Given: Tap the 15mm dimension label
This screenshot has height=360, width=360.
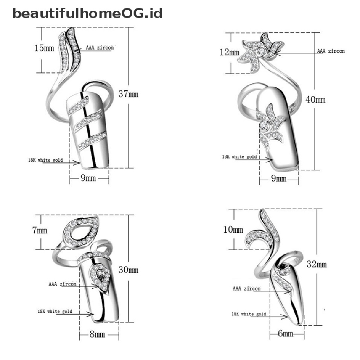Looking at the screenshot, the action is (44, 48).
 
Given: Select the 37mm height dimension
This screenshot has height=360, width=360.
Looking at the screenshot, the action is (129, 94).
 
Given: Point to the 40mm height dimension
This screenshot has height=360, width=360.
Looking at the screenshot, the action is (315, 99).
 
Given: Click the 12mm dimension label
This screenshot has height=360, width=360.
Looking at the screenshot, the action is (229, 53).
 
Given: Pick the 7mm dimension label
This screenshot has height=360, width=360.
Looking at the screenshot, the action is (40, 231).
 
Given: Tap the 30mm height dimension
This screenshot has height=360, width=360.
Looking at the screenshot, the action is (129, 270).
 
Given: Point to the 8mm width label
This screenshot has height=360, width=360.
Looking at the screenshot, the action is (97, 334).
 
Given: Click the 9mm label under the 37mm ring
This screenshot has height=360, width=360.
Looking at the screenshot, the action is (89, 178).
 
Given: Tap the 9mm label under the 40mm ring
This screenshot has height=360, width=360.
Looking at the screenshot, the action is (278, 179).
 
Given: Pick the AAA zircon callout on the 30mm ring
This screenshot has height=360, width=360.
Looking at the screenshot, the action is (62, 284).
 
